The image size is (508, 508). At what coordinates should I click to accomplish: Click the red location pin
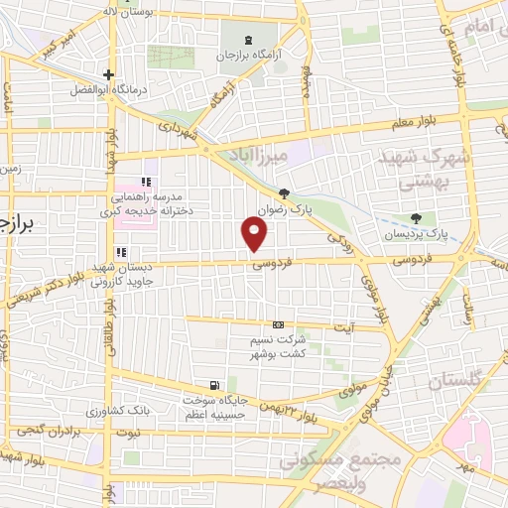(255, 235)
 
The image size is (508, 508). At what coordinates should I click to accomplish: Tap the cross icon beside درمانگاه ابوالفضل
(109, 74)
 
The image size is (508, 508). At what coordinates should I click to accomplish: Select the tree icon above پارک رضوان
(285, 193)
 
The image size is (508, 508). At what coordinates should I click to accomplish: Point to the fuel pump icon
(213, 385)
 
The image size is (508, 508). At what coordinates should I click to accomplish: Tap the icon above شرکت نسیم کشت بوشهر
(278, 324)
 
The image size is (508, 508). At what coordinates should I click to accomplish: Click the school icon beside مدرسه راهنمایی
(145, 182)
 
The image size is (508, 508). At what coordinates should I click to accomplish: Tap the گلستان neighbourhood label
(455, 381)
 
